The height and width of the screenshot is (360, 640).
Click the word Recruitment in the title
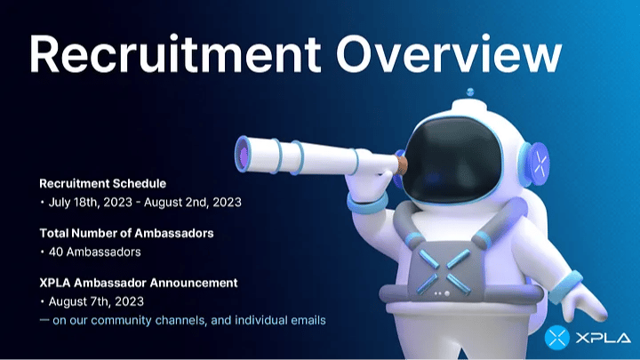pyautogui.click(x=175, y=54)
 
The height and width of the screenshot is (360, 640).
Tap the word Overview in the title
pyautogui.click(x=449, y=53)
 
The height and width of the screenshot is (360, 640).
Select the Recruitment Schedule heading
pyautogui.click(x=102, y=184)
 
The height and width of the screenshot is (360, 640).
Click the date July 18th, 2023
pyautogui.click(x=90, y=203)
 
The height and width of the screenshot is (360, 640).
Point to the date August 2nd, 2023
pyautogui.click(x=193, y=203)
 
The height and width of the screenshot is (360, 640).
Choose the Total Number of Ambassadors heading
pyautogui.click(x=126, y=233)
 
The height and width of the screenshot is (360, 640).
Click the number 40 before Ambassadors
pyautogui.click(x=55, y=252)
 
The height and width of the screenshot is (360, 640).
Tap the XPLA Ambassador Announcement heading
pyautogui.click(x=139, y=283)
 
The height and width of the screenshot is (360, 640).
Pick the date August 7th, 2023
pyautogui.click(x=96, y=301)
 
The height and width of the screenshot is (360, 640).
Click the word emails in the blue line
pyautogui.click(x=308, y=320)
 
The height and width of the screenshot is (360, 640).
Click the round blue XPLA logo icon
pyautogui.click(x=557, y=338)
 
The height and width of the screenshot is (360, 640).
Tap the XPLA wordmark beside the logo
pyautogui.click(x=604, y=338)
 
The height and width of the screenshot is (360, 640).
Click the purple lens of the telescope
pyautogui.click(x=244, y=155)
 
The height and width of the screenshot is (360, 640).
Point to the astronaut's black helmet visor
pyautogui.click(x=452, y=160)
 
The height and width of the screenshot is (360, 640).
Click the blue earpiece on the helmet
pyautogui.click(x=536, y=164)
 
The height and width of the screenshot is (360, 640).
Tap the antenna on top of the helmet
pyautogui.click(x=470, y=92)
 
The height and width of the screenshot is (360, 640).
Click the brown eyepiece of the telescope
pyautogui.click(x=402, y=164)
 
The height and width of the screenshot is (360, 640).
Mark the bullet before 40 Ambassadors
pyautogui.click(x=42, y=252)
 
